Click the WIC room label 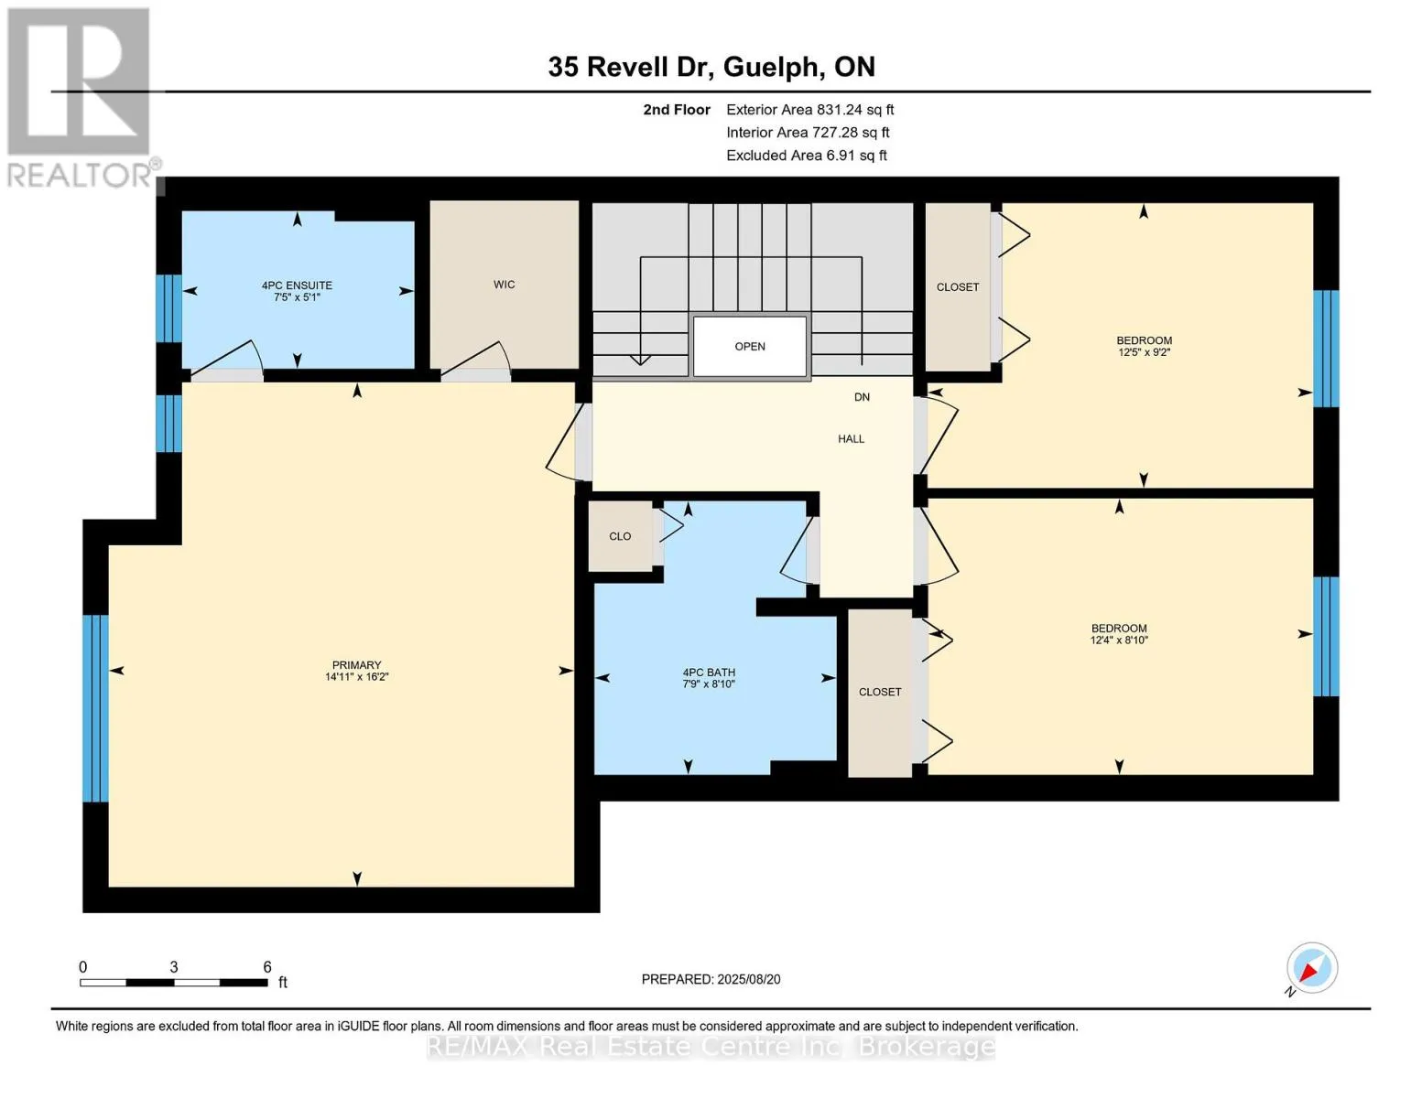pos(504,285)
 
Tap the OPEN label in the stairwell pos(749,347)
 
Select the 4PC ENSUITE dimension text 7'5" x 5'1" pos(297,297)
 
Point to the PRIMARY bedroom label pos(356,664)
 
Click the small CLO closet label pos(620,536)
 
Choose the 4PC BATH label pos(709,673)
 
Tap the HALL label pos(851,439)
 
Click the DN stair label pos(862,397)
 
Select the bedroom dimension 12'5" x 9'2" pos(1144,352)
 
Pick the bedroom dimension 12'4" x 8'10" pos(1119,640)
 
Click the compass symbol pos(1311,968)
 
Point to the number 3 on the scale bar pos(173,966)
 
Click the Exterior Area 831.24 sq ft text pos(809,110)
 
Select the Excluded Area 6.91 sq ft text pos(806,156)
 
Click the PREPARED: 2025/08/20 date pos(711,979)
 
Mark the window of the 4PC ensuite pos(168,308)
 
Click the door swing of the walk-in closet pos(476,360)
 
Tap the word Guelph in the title pos(773,68)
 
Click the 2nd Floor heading pos(676,110)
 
